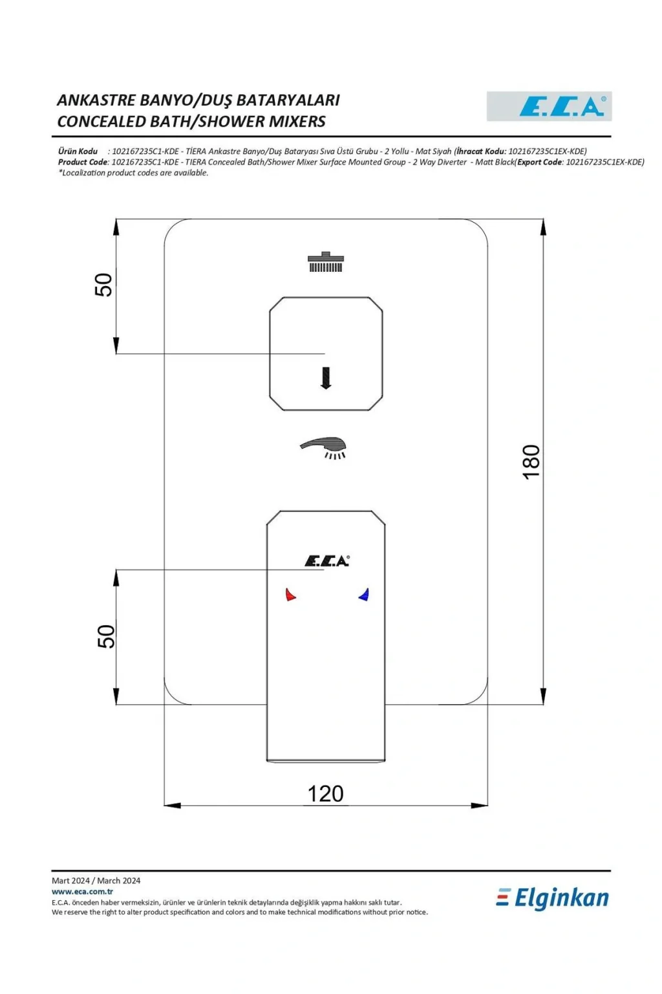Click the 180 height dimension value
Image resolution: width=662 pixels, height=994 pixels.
pyautogui.click(x=531, y=461)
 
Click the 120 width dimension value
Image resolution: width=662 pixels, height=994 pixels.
pyautogui.click(x=325, y=794)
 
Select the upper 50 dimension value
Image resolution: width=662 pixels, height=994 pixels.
pyautogui.click(x=103, y=285)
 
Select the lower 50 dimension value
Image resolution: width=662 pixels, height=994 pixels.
pyautogui.click(x=105, y=636)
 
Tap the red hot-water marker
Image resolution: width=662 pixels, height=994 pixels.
pyautogui.click(x=290, y=595)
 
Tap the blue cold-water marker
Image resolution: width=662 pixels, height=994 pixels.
pyautogui.click(x=363, y=595)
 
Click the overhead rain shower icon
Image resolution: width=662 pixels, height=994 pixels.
pyautogui.click(x=326, y=262)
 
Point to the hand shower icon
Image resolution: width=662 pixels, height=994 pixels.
pyautogui.click(x=323, y=448)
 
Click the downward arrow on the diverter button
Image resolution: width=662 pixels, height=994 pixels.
pyautogui.click(x=326, y=378)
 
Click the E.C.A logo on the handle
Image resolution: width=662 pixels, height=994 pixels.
pyautogui.click(x=326, y=561)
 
